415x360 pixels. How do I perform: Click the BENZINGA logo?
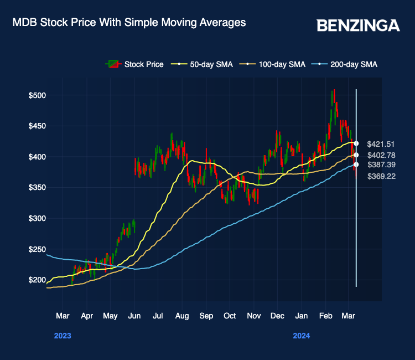pyautogui.click(x=358, y=25)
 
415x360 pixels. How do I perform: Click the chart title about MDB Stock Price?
pyautogui.click(x=129, y=23)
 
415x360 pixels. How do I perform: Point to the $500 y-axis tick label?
pyautogui.click(x=37, y=95)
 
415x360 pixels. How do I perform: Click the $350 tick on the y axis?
pyautogui.click(x=37, y=188)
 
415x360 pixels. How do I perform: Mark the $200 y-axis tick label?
pyautogui.click(x=37, y=280)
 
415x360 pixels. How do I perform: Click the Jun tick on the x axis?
pyautogui.click(x=134, y=316)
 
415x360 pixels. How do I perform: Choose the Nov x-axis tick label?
pyautogui.click(x=253, y=316)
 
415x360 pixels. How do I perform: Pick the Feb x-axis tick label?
pyautogui.click(x=325, y=316)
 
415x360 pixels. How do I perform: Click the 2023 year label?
pyautogui.click(x=63, y=336)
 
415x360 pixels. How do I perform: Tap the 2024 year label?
pyautogui.click(x=302, y=336)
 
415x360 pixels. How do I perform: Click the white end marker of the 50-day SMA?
pyautogui.click(x=356, y=143)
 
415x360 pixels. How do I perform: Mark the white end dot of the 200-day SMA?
pyautogui.click(x=356, y=164)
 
